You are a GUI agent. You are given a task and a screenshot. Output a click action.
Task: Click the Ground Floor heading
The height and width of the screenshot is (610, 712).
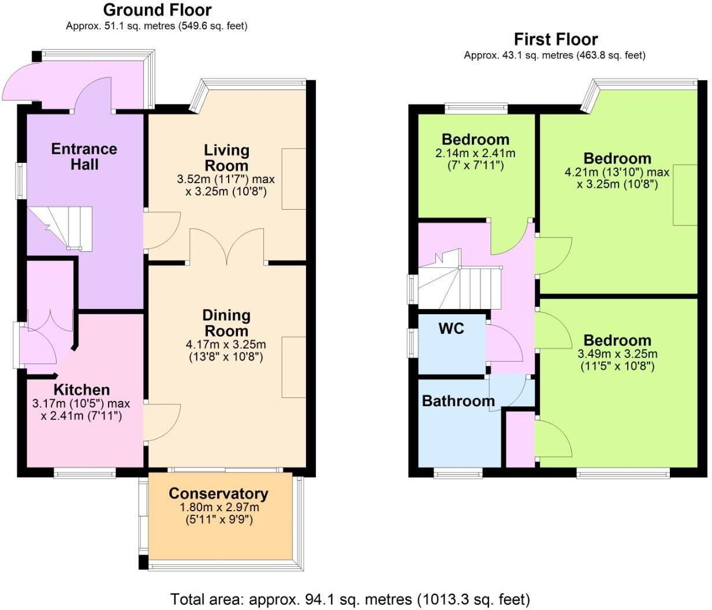tap(157, 10)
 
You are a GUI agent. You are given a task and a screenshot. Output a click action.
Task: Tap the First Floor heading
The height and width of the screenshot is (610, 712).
tap(556, 39)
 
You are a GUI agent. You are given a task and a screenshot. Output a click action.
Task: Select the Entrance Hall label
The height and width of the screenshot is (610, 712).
tap(84, 157)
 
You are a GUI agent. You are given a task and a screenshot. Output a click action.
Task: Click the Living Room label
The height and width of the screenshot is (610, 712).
tap(226, 158)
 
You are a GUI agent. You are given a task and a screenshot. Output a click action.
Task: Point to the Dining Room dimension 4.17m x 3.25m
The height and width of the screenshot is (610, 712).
tap(226, 345)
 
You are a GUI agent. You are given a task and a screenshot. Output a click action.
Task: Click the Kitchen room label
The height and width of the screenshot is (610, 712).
tap(81, 389)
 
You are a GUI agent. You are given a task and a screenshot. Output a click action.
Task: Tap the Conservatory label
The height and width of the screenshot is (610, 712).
tap(218, 493)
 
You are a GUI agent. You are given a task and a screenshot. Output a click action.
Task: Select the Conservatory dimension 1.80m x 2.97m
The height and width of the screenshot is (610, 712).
tap(219, 507)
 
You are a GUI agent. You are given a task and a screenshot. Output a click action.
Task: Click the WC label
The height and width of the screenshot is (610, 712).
tap(451, 328)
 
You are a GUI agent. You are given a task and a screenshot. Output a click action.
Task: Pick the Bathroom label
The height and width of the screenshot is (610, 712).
tap(458, 401)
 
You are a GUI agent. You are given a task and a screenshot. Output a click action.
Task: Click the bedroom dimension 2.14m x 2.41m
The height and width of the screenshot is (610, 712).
tap(475, 153)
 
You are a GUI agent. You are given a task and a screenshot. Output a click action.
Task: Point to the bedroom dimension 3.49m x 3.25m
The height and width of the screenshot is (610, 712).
tap(617, 354)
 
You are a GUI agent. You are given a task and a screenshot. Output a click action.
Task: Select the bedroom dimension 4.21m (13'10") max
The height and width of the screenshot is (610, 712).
tap(617, 172)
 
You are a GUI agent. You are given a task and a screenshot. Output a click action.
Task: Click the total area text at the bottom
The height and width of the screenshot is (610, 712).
tap(350, 599)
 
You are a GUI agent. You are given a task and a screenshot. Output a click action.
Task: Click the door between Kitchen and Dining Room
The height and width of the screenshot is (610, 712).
tap(159, 422)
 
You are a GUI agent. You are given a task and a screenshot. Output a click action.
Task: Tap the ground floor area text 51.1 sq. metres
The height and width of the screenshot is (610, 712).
tap(156, 26)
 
